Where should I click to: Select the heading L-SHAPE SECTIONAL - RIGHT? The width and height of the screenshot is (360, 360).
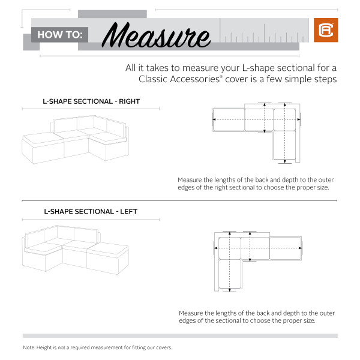coord(91,102)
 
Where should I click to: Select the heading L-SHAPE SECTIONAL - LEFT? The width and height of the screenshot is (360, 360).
coord(90,211)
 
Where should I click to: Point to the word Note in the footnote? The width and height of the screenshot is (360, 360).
coord(29,347)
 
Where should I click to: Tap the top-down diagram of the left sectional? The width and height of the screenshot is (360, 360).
coord(258,258)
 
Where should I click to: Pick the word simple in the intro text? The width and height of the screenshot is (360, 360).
coord(298,79)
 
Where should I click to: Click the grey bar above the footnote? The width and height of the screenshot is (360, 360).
coord(180,336)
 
